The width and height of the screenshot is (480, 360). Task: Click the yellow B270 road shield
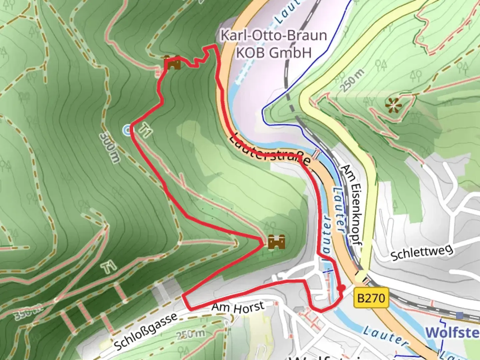tap(371, 297)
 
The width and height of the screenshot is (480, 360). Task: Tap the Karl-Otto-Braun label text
tap(274, 35)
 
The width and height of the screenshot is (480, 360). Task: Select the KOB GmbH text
tap(274, 53)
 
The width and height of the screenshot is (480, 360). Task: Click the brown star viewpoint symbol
tap(393, 106)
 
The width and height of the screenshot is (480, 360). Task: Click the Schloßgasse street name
tap(146, 332)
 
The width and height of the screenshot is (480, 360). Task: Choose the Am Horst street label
tap(238, 307)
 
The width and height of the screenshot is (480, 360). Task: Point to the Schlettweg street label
tap(422, 253)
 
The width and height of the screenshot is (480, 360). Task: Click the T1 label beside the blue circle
tap(145, 130)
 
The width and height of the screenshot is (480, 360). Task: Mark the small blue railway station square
tap(460, 315)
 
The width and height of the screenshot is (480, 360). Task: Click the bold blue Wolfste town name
tap(452, 333)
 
